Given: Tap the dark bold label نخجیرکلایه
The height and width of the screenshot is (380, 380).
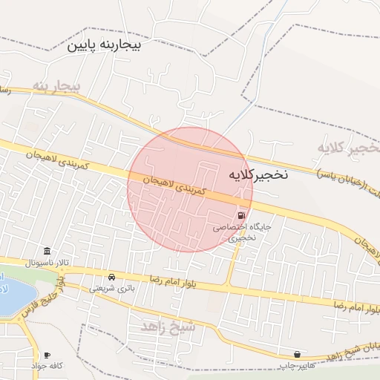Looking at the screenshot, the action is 257,175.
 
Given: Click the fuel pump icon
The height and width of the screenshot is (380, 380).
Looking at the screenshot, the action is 242,215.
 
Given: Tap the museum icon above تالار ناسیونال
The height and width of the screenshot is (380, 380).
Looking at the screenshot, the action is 47,251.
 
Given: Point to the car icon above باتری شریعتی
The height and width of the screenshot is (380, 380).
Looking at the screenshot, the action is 111,276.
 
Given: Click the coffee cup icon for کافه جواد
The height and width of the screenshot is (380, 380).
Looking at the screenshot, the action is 47,355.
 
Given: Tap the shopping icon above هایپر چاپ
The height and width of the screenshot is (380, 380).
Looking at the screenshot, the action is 298,354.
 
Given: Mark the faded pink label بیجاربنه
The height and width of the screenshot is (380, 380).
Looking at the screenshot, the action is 55,87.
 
